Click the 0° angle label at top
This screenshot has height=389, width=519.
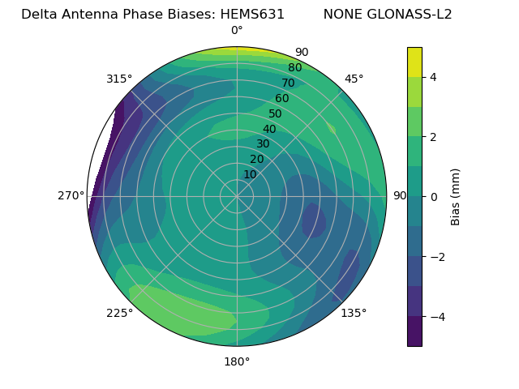point(237,31)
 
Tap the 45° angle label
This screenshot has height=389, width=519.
point(354,79)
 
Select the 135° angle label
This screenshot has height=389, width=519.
point(354,313)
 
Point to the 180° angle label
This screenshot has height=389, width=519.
point(237,361)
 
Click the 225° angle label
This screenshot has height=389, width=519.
point(119,313)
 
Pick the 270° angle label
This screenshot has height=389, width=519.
point(71,195)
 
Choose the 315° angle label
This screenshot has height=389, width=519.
point(119,79)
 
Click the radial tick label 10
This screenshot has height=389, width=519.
point(250,174)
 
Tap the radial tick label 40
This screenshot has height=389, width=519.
point(269,129)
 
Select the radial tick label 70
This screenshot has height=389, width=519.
point(288,83)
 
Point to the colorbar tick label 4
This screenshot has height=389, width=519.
point(434,77)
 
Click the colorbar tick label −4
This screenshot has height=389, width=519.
point(437,317)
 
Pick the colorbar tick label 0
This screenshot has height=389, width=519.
point(434,197)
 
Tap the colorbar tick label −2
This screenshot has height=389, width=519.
point(437,257)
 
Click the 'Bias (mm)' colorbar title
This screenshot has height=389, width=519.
point(456,197)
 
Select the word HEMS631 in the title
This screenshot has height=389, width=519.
point(252,14)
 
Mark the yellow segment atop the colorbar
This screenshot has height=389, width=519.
point(414,62)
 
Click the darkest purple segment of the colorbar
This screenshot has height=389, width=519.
point(414,331)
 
